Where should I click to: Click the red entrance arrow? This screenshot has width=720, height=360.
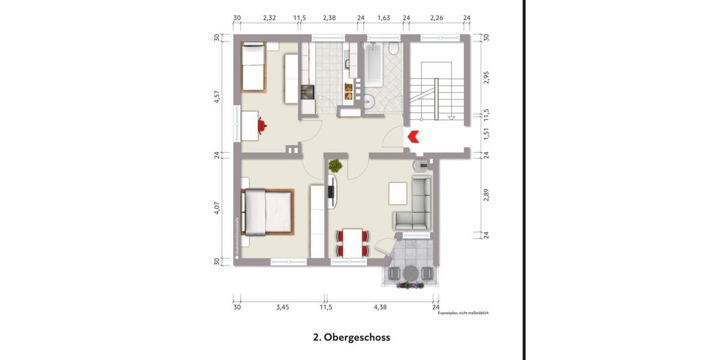coord(413,137)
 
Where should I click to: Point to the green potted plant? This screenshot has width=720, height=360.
coord(335,165)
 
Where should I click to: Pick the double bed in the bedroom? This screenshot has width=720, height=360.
coord(268,212)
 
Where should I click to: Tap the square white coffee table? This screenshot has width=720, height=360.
coord(397,193)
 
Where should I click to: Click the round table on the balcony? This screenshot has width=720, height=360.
coord(410,273)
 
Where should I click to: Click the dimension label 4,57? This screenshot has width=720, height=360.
coord(217,97)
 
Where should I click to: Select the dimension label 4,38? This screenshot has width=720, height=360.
coord(380,307)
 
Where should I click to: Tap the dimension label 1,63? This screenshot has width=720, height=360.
coord(383,18)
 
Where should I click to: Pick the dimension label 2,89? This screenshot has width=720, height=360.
coord(487,195)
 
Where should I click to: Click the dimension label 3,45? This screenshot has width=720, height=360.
coord(283,307)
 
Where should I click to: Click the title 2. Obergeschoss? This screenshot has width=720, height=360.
coord(352,337)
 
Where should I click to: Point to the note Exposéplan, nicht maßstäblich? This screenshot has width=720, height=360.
coord(463,313)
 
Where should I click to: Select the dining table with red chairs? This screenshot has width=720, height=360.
coord(351,242)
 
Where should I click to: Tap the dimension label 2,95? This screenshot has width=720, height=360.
coord(487,77)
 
